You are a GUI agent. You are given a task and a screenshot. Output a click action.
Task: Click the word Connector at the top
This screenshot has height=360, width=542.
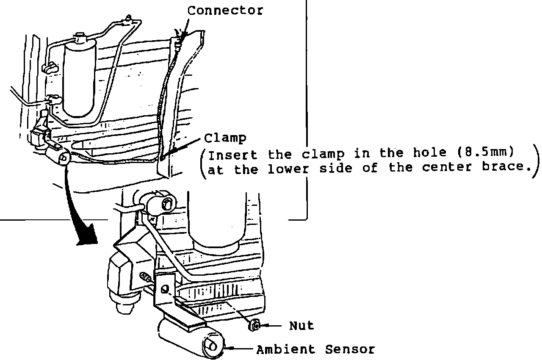pos(225,10)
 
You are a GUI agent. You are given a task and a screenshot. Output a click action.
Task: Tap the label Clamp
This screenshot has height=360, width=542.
pos(225,138)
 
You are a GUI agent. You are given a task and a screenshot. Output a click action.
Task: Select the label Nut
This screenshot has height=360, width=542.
pos(301,326)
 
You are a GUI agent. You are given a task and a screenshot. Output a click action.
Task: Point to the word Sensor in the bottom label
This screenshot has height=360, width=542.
pos(350,349)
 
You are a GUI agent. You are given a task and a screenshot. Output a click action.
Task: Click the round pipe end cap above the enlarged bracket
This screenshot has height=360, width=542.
pos(164,202)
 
